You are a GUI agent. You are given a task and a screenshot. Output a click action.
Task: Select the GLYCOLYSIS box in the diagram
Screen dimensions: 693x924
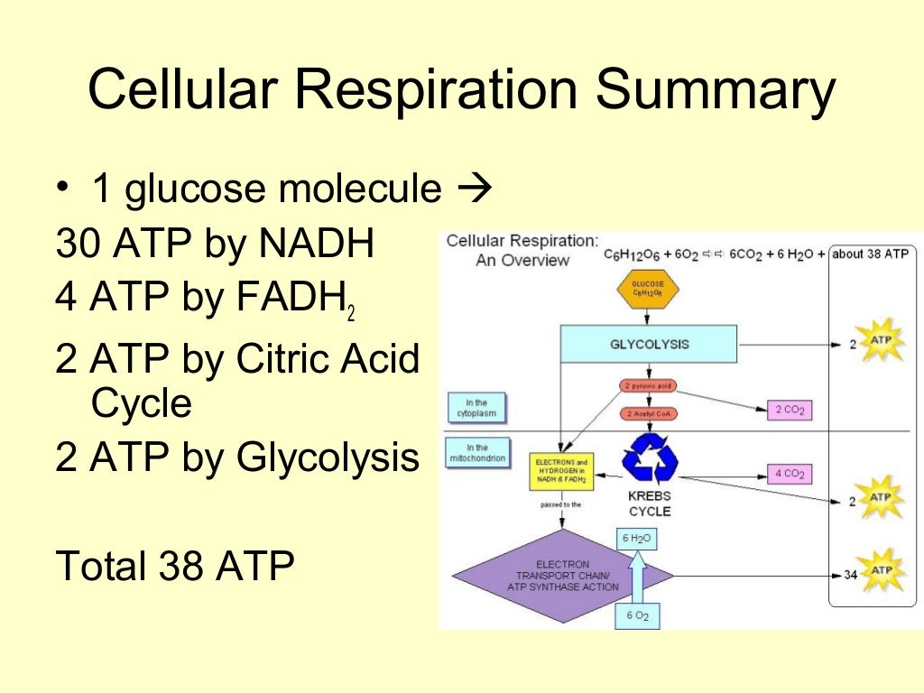[x=649, y=345]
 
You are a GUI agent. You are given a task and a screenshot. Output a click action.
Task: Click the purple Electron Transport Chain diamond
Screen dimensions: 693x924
[x=562, y=574]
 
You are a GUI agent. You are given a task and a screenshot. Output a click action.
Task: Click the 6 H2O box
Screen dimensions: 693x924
[x=637, y=539]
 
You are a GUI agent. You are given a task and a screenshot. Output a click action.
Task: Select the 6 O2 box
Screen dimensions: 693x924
[x=637, y=617]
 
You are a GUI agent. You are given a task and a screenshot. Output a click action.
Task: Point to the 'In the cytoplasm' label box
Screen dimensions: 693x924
[x=476, y=407]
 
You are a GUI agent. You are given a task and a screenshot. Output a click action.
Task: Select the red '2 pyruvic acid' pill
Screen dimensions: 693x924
[x=648, y=386]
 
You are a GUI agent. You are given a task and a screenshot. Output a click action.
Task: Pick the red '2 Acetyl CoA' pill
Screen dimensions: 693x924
[x=648, y=414]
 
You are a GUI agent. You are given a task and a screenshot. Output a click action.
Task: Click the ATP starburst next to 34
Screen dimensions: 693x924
[x=880, y=572]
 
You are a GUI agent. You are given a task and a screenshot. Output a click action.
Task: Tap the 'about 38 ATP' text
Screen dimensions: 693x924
[x=870, y=254]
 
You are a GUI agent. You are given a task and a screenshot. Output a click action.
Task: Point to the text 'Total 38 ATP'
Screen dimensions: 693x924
[x=175, y=566]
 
